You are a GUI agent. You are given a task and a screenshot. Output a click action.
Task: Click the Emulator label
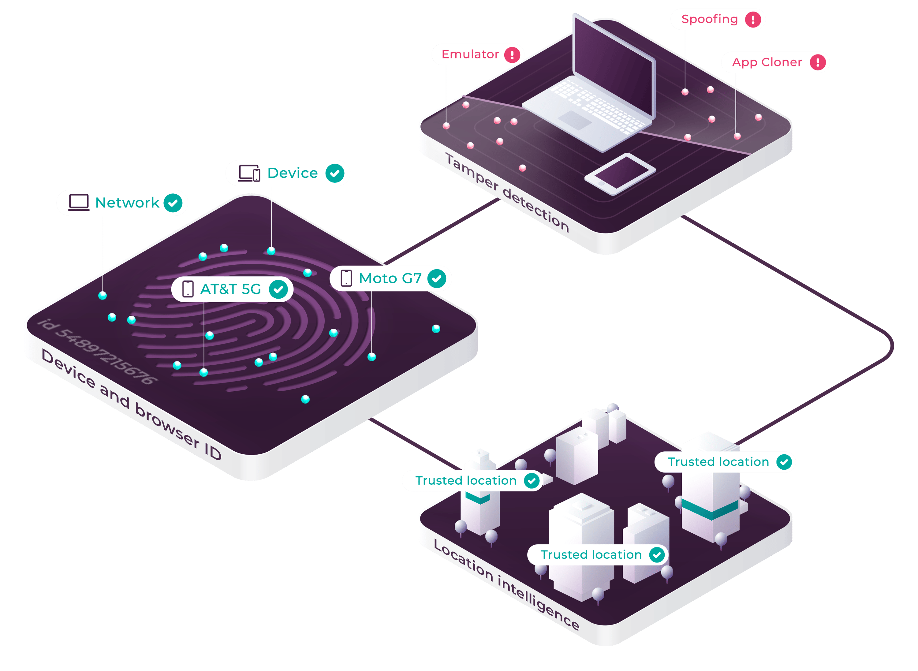click(470, 54)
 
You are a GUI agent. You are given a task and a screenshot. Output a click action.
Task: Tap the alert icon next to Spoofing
click(753, 20)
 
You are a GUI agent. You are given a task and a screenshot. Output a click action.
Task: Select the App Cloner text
click(767, 62)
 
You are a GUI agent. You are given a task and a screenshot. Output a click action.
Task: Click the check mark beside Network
click(173, 203)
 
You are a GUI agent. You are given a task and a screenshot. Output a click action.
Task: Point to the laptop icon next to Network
click(79, 202)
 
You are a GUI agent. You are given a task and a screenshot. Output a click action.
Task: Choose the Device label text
click(293, 173)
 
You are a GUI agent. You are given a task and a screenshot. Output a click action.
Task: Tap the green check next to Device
click(335, 173)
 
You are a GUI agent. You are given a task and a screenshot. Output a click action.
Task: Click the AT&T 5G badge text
click(230, 289)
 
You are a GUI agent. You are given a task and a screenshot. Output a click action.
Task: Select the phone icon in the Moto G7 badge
click(346, 278)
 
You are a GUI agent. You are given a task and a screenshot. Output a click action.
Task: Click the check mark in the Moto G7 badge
click(437, 279)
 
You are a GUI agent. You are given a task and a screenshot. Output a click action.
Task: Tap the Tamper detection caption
click(507, 192)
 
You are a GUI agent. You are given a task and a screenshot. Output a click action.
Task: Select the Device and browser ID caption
click(132, 404)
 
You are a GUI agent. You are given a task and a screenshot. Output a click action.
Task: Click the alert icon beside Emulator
click(512, 55)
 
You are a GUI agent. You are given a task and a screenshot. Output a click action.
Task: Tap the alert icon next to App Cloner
click(818, 62)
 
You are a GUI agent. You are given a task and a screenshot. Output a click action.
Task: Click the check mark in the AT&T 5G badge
click(278, 289)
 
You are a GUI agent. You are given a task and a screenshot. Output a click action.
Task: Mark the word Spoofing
click(709, 20)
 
